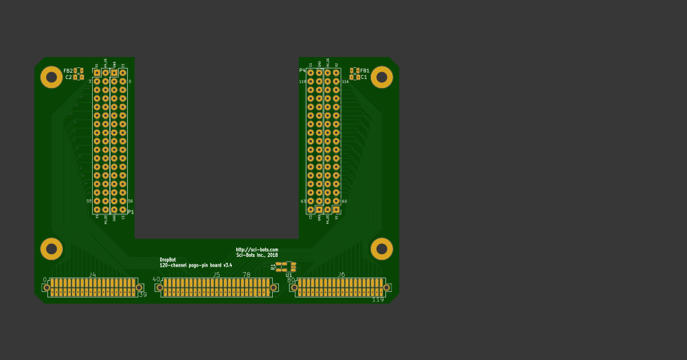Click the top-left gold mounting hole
[52, 77]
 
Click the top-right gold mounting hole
[381, 77]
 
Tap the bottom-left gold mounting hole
[52, 249]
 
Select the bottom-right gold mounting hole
[381, 249]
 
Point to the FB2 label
[67, 71]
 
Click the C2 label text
[68, 78]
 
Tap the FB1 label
[365, 71]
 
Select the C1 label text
[364, 78]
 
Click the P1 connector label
[131, 212]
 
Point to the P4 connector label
[302, 70]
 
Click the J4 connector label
[92, 275]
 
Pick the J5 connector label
[216, 275]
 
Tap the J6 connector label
[341, 275]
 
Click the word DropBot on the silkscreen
[168, 260]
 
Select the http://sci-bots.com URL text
[257, 249]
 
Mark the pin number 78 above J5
[247, 275]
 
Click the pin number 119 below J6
[378, 300]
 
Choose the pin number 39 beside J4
[143, 295]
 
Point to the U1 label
[289, 275]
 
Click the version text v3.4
[227, 265]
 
